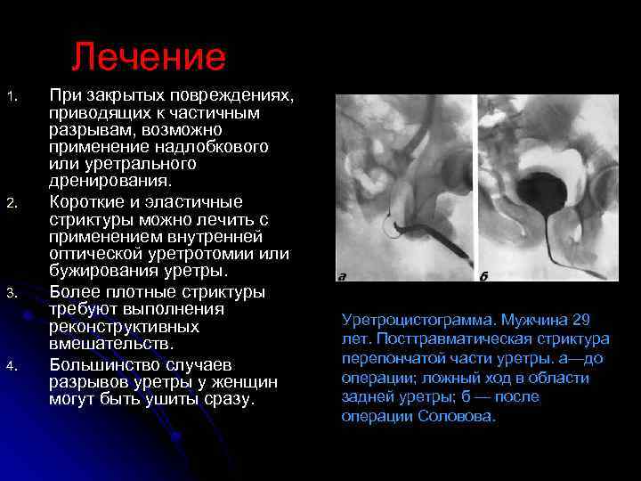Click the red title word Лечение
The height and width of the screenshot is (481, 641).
point(149,58)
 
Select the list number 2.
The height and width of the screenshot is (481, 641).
point(12,204)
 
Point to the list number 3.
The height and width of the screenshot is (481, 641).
point(12,294)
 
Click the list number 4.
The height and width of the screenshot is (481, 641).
point(12,366)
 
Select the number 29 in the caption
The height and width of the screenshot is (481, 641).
point(581,319)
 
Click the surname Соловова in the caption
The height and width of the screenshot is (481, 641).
point(456,417)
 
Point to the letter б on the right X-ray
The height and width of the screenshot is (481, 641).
point(484,276)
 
